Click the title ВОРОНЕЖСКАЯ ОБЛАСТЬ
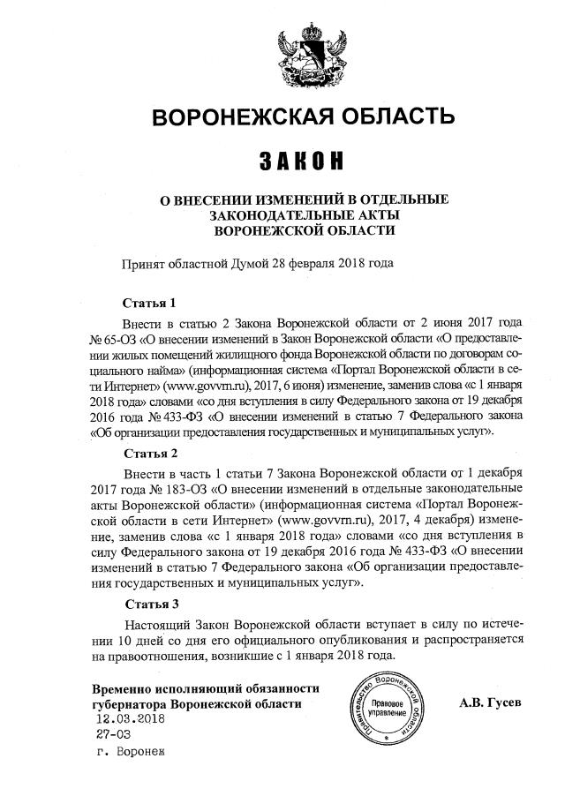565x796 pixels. tap(305, 117)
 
